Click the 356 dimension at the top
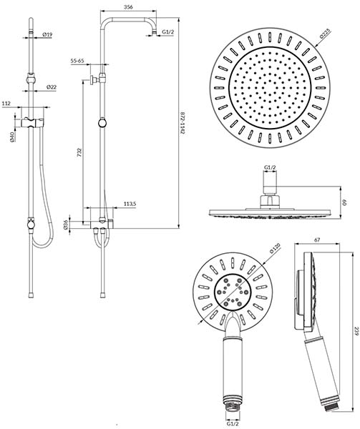coord(128,7)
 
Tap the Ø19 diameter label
coord(47,34)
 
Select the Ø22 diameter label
coord(52,87)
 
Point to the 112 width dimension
coord(6,104)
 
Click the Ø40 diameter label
coord(11,137)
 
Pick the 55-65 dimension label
coord(77,61)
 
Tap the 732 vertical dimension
coord(79,152)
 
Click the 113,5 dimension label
coord(130,204)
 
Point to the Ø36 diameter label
coord(66,225)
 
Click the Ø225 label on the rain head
coord(325,34)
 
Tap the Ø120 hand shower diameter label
coord(275,248)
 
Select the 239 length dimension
coord(356,331)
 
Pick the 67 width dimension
coord(317,240)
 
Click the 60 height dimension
coord(345,203)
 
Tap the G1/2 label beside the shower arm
coord(167,31)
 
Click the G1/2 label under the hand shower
coord(233,424)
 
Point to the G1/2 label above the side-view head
coord(270,167)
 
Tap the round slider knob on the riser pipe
coord(102,123)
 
